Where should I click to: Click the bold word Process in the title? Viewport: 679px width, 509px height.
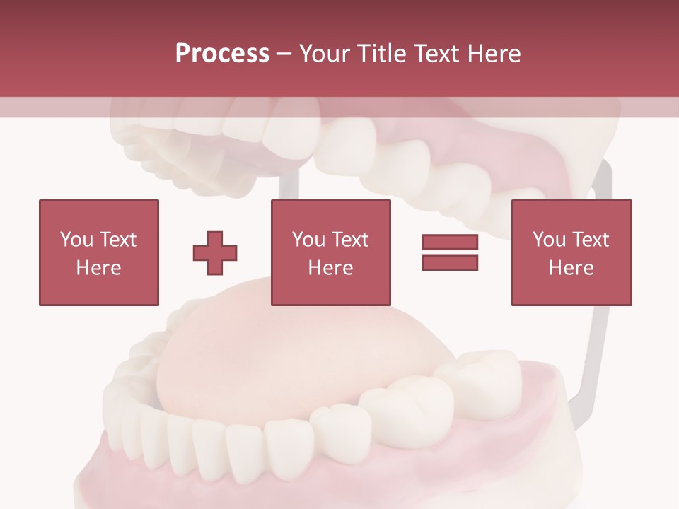222,54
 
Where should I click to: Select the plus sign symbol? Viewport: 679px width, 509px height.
215,253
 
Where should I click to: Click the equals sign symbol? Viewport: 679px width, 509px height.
450,253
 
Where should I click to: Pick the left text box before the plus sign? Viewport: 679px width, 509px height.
98,253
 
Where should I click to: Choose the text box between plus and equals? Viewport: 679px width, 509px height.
330,253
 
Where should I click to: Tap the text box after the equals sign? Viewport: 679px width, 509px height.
571,253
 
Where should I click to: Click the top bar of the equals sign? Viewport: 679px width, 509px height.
450,242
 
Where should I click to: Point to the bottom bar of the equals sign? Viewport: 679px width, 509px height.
450,263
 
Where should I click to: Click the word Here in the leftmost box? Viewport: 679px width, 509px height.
98,268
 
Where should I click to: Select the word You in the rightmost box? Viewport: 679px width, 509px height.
548,240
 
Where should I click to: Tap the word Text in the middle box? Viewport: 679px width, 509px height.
350,240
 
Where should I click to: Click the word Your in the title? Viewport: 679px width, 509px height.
324,54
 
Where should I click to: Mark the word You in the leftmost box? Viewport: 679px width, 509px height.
76,240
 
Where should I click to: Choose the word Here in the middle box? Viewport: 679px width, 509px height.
330,268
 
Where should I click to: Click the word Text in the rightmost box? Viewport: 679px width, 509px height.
591,240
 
